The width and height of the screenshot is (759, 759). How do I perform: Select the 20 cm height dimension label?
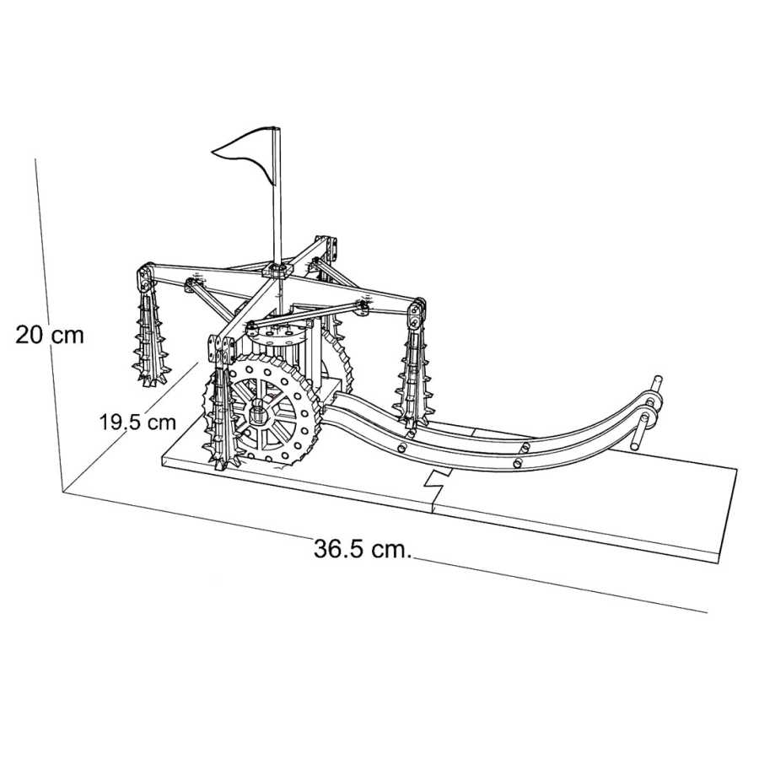50,334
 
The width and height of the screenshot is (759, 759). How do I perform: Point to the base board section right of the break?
582,506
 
